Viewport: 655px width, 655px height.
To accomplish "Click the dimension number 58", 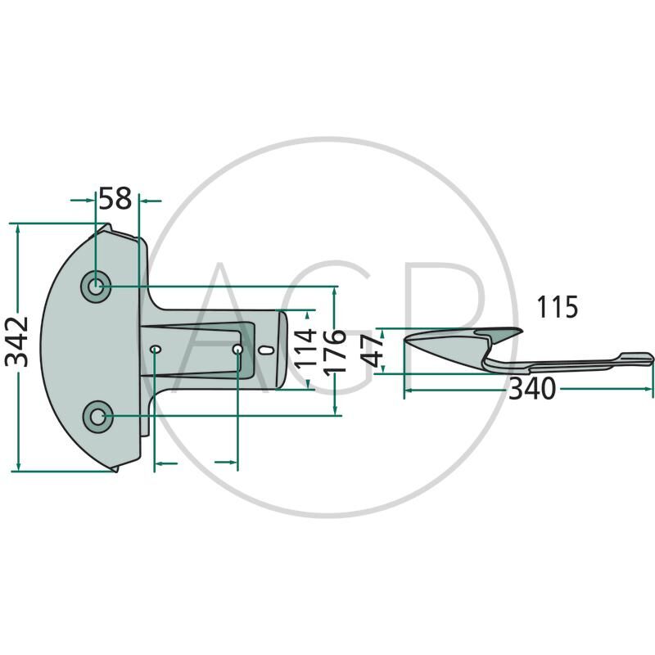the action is (x=115, y=199).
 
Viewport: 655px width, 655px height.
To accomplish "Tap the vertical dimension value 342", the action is (x=17, y=342).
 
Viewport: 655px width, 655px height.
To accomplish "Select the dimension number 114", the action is (x=305, y=348).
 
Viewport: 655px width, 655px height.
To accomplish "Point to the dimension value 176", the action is (x=335, y=351).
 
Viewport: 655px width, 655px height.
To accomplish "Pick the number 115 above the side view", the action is (x=558, y=307).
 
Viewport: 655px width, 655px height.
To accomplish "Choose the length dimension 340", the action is (x=531, y=388).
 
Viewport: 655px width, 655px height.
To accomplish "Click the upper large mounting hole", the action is (x=96, y=287).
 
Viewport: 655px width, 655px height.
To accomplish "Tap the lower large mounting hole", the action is (x=98, y=417).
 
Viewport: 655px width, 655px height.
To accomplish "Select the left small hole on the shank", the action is (x=156, y=349).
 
